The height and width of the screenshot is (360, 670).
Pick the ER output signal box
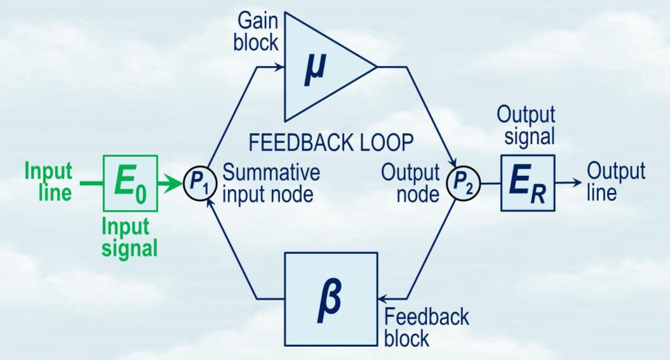528,183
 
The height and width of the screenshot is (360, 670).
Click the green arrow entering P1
173,185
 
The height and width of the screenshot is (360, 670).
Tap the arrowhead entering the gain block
280,66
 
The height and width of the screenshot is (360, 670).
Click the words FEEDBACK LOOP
331,143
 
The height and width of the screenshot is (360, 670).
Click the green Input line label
48,183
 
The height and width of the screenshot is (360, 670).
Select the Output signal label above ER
526,126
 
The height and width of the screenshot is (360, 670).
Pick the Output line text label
615,182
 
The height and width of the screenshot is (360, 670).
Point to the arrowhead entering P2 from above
452,168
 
